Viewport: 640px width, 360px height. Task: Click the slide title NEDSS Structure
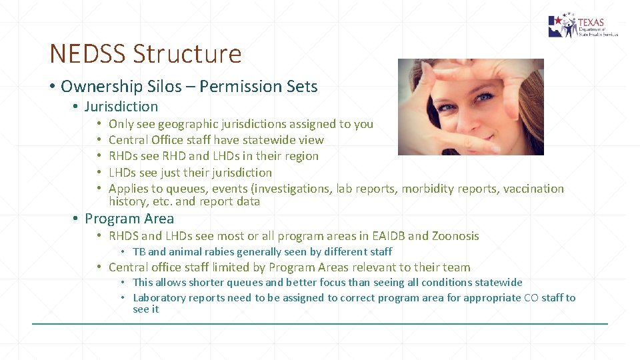(x=145, y=53)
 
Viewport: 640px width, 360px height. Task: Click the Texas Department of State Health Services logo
(x=583, y=27)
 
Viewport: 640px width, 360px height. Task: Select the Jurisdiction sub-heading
(x=121, y=107)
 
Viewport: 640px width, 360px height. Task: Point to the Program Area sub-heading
(x=129, y=219)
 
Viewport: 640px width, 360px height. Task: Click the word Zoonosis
(x=455, y=236)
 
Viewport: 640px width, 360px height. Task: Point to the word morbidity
(x=429, y=189)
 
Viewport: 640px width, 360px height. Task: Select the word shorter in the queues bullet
(x=207, y=283)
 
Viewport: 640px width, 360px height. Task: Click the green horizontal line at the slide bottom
(x=320, y=324)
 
